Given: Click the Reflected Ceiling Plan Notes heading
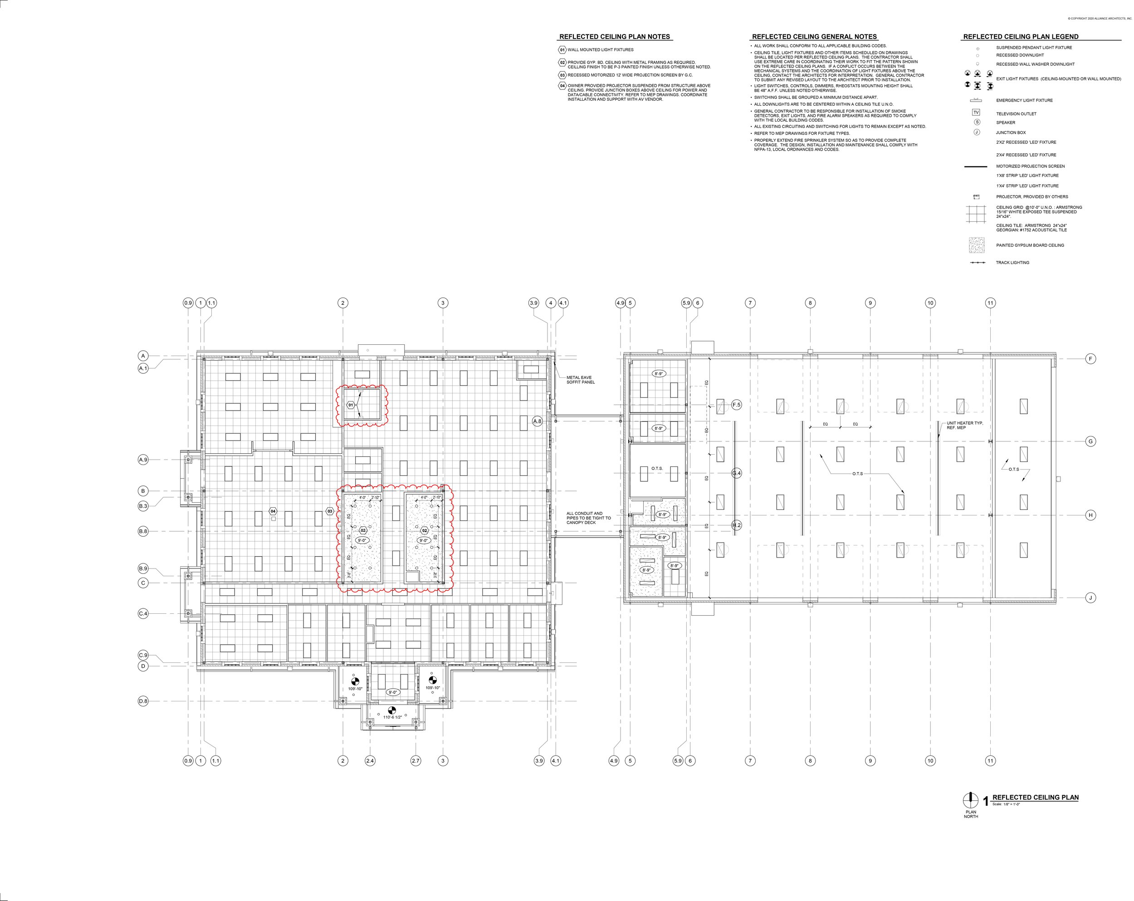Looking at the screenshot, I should tap(614, 37).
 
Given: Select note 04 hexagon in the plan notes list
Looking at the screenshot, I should tap(562, 86).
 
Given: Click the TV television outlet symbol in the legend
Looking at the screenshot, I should tap(976, 113).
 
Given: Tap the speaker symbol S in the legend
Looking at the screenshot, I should tap(977, 122).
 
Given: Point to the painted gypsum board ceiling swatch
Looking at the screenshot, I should tap(977, 245).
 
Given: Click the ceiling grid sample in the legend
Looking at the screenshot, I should tap(977, 215).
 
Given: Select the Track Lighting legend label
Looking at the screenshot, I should tap(1012, 263).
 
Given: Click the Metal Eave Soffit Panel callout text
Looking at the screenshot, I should tap(580, 380).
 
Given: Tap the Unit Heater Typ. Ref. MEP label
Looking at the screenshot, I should tap(965, 425).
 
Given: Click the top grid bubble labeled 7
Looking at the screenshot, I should tap(750, 303).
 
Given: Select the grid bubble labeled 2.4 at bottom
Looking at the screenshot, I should tap(370, 760).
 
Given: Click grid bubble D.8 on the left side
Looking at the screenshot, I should tap(143, 701).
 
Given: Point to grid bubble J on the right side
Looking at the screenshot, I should tap(1090, 597).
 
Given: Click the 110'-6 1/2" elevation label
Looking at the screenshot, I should tap(392, 717).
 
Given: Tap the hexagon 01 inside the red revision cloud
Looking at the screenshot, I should tap(351, 405).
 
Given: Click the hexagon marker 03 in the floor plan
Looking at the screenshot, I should tap(330, 511).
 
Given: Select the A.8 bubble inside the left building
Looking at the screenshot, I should tap(537, 421).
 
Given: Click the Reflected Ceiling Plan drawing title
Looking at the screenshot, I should tap(1035, 798).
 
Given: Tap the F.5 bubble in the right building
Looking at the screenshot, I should tap(736, 405).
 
